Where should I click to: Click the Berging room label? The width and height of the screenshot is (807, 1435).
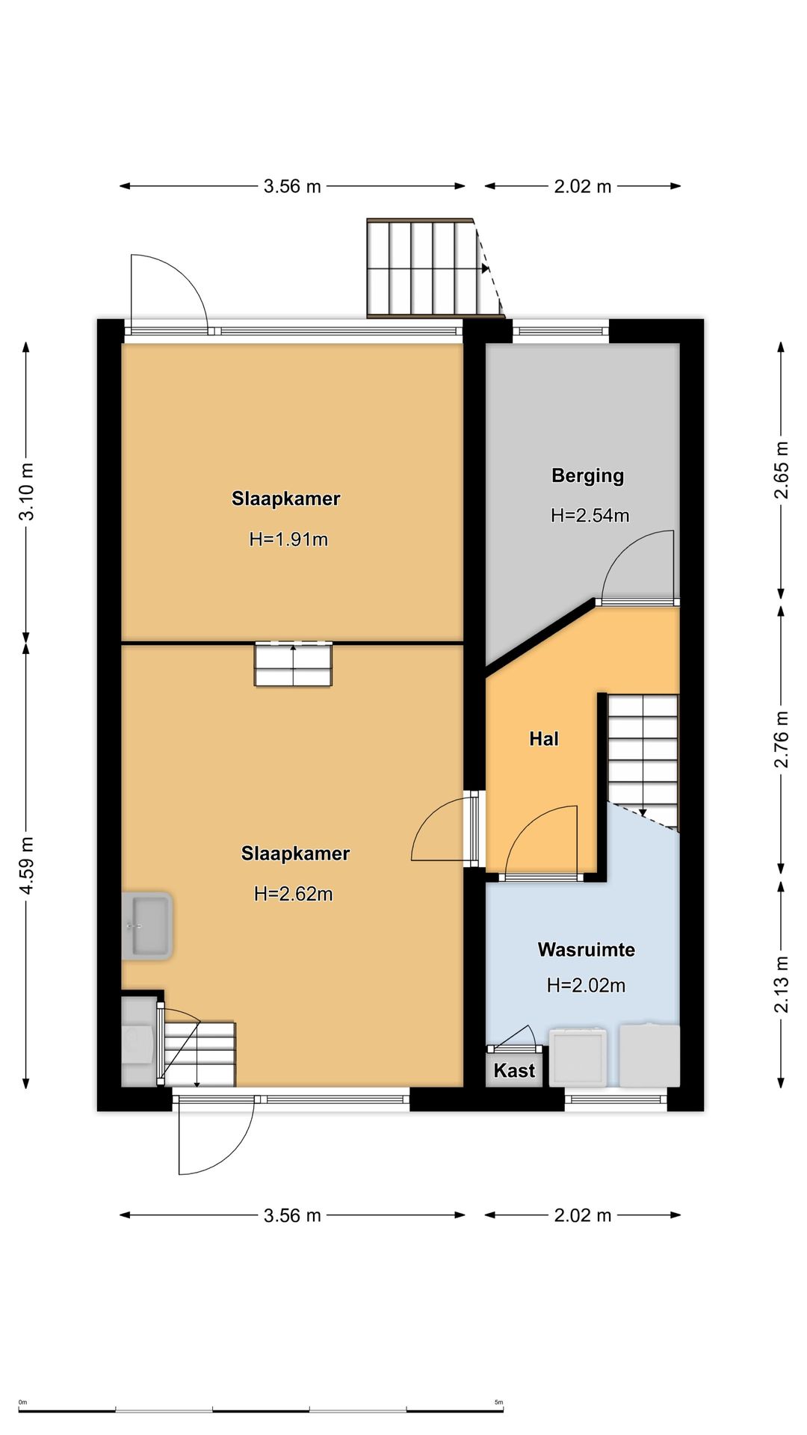(x=587, y=476)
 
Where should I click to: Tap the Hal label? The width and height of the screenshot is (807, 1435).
(x=544, y=739)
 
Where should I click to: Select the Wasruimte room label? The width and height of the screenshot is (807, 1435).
(x=587, y=950)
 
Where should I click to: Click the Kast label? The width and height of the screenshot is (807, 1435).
(x=514, y=1071)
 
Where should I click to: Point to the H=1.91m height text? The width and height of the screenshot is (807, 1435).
(x=288, y=540)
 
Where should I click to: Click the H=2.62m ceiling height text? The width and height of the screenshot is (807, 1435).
(x=294, y=894)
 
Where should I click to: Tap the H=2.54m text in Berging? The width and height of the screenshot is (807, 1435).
(x=590, y=516)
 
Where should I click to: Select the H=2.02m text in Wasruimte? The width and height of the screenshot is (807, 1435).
(x=586, y=986)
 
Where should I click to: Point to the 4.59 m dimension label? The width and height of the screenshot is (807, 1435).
(x=27, y=865)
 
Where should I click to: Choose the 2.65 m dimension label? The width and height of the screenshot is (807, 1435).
(x=781, y=470)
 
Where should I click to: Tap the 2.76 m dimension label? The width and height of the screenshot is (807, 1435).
(x=781, y=739)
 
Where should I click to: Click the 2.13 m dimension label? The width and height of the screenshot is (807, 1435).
(x=781, y=985)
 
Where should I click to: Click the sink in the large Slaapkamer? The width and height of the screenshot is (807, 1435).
(x=148, y=926)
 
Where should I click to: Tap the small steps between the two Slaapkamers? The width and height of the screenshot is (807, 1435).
(x=293, y=664)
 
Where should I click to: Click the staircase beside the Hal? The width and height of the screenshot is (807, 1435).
(x=643, y=761)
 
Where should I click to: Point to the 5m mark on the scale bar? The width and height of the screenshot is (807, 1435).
(x=499, y=1402)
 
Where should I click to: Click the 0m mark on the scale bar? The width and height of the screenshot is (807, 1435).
(x=22, y=1402)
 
